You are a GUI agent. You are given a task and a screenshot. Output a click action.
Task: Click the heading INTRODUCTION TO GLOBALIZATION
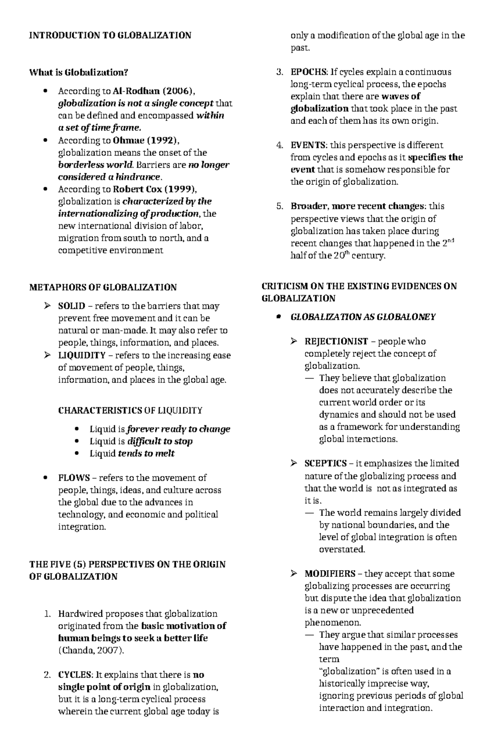pyautogui.click(x=110, y=35)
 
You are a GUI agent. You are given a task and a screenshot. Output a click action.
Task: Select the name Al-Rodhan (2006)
pyautogui.click(x=151, y=91)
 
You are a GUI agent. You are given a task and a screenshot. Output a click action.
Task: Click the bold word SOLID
pyautogui.click(x=72, y=306)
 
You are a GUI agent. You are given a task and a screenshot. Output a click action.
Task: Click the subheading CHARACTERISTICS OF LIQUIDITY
pyautogui.click(x=130, y=410)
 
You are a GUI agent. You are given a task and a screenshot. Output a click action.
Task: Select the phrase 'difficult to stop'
pyautogui.click(x=160, y=441)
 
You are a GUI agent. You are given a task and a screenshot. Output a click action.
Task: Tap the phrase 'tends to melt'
pyautogui.click(x=146, y=453)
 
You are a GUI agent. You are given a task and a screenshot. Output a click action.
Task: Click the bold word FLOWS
pyautogui.click(x=74, y=478)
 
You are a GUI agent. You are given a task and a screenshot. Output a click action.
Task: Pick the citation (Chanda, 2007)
pyautogui.click(x=91, y=650)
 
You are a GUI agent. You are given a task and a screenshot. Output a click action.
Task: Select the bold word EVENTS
pyautogui.click(x=308, y=145)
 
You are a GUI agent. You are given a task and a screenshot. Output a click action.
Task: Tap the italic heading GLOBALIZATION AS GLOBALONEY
pyautogui.click(x=363, y=317)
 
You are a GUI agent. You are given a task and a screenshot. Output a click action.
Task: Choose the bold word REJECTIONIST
pyautogui.click(x=336, y=341)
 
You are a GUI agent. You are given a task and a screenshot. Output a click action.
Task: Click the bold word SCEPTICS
pyautogui.click(x=325, y=464)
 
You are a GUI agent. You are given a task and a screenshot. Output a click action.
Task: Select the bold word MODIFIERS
pyautogui.click(x=330, y=574)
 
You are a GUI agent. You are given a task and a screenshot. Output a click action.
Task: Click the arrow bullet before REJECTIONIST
pyautogui.click(x=294, y=341)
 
